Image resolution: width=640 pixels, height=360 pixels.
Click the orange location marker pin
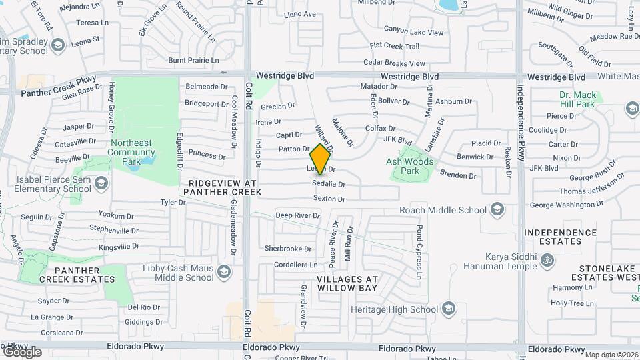321,159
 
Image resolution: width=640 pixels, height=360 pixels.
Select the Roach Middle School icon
497,210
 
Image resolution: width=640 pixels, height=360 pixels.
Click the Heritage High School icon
449,309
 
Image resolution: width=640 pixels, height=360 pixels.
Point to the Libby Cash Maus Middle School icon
225,271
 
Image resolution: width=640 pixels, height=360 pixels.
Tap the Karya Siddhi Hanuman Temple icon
547,259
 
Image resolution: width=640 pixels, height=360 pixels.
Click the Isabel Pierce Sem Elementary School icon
101,183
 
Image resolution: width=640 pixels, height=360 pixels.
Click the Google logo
22,351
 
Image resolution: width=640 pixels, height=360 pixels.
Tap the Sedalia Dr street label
329,184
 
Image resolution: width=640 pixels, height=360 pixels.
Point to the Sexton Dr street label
329,199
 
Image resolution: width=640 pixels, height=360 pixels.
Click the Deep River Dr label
298,215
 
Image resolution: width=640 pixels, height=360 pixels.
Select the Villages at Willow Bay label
347,283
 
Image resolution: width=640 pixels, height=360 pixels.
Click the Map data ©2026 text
611,354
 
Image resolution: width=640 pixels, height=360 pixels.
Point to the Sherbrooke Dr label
288,248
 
